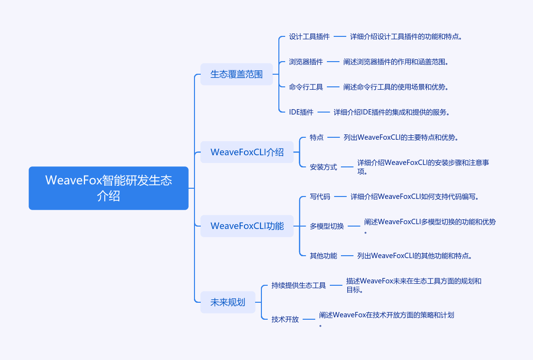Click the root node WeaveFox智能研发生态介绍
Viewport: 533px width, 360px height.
coord(109,188)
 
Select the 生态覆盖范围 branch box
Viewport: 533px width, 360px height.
coord(237,74)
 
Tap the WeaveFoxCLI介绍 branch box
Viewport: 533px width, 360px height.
coord(247,152)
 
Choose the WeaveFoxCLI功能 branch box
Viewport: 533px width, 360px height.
coord(247,226)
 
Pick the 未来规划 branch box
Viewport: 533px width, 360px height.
coord(228,302)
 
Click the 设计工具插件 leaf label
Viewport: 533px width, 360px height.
coord(309,36)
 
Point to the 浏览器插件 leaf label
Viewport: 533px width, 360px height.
coord(306,62)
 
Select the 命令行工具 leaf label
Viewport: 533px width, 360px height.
coord(306,87)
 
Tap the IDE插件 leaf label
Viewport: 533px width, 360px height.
coord(301,112)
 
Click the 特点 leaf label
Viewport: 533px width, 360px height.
coord(317,137)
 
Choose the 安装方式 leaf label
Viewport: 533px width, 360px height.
coord(323,167)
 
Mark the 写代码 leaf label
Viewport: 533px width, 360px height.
coord(320,196)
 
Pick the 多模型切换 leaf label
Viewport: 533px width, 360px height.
coord(327,226)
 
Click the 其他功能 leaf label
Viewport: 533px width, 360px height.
coord(323,256)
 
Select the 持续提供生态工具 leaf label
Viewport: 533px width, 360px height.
coord(298,285)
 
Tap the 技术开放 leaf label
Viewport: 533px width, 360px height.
coord(285,319)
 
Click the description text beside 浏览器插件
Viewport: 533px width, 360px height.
coord(396,62)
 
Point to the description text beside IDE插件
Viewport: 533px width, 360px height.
coord(391,112)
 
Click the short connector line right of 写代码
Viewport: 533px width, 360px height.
coord(340,196)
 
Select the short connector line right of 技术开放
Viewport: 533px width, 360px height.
coord(308,319)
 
